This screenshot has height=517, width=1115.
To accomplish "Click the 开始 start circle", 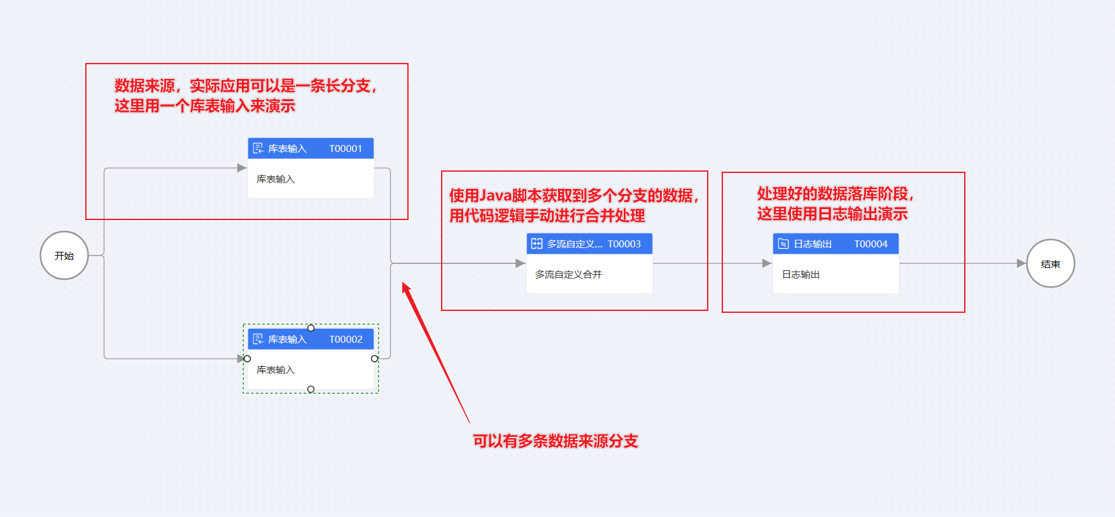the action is coord(64,255).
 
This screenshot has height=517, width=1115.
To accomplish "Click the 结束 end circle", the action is coord(1051,263).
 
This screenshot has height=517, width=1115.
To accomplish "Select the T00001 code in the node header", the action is coord(346,148).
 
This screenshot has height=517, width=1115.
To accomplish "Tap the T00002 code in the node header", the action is coord(346,339).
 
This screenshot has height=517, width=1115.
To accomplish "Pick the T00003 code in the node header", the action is coord(624,244).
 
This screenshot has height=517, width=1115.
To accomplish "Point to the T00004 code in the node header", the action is coord(871,244).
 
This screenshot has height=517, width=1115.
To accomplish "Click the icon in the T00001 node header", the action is coord(258,148).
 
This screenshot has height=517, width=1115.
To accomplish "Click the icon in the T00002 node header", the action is coord(258,339).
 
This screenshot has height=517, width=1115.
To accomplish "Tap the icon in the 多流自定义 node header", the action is coord(536,244).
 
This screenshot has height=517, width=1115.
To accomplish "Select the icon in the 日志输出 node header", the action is coord(783,244).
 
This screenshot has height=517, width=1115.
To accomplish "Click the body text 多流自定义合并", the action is coord(568,274).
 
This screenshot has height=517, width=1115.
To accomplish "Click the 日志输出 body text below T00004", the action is coord(801,274).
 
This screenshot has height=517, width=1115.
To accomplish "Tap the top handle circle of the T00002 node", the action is coord(311,328).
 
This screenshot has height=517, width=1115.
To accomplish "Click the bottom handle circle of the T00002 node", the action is coord(311,389).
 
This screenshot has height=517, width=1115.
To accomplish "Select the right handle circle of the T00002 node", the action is coord(374,359).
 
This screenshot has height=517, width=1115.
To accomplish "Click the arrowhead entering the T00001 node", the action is coord(242,168).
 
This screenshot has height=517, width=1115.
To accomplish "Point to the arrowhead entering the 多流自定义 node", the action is coord(520,263).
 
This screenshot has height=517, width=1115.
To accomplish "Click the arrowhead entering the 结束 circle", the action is coord(1021,263).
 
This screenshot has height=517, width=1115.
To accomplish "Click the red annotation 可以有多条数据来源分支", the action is coord(555,441).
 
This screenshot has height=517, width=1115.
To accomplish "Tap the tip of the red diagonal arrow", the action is coord(403,283).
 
